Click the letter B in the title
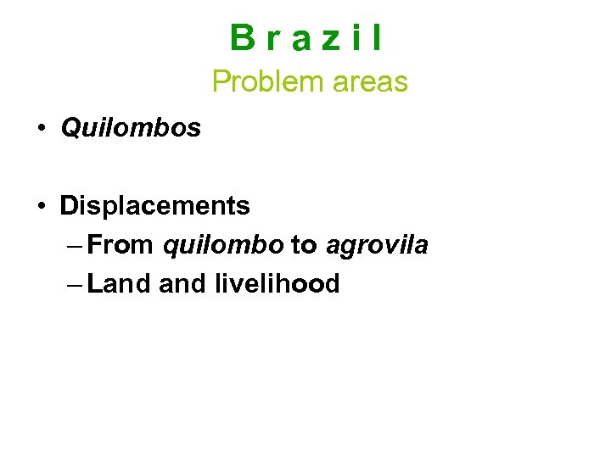pyautogui.click(x=241, y=38)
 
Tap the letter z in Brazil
pyautogui.click(x=325, y=40)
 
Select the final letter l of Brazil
pyautogui.click(x=376, y=38)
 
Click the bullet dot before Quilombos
pyautogui.click(x=41, y=128)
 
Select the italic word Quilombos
pyautogui.click(x=131, y=128)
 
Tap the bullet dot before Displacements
pyautogui.click(x=41, y=206)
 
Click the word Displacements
pyautogui.click(x=154, y=206)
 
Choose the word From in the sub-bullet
pyautogui.click(x=120, y=246)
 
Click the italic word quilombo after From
pyautogui.click(x=223, y=246)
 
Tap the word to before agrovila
pyautogui.click(x=304, y=246)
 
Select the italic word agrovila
pyautogui.click(x=378, y=246)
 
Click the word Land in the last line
pyautogui.click(x=119, y=284)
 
